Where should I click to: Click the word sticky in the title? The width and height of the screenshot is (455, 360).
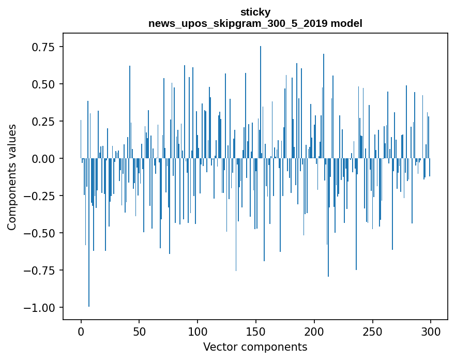click(x=255, y=12)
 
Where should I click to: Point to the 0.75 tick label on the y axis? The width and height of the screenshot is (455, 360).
click(x=44, y=47)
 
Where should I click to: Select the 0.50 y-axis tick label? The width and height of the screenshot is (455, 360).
click(x=44, y=84)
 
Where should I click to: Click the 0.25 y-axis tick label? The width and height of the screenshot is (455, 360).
click(x=44, y=122)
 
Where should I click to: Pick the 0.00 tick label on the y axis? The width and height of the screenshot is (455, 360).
click(x=44, y=159)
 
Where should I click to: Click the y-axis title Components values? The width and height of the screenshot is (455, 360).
click(x=12, y=177)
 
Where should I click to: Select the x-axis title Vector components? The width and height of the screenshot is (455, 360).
click(x=255, y=347)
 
